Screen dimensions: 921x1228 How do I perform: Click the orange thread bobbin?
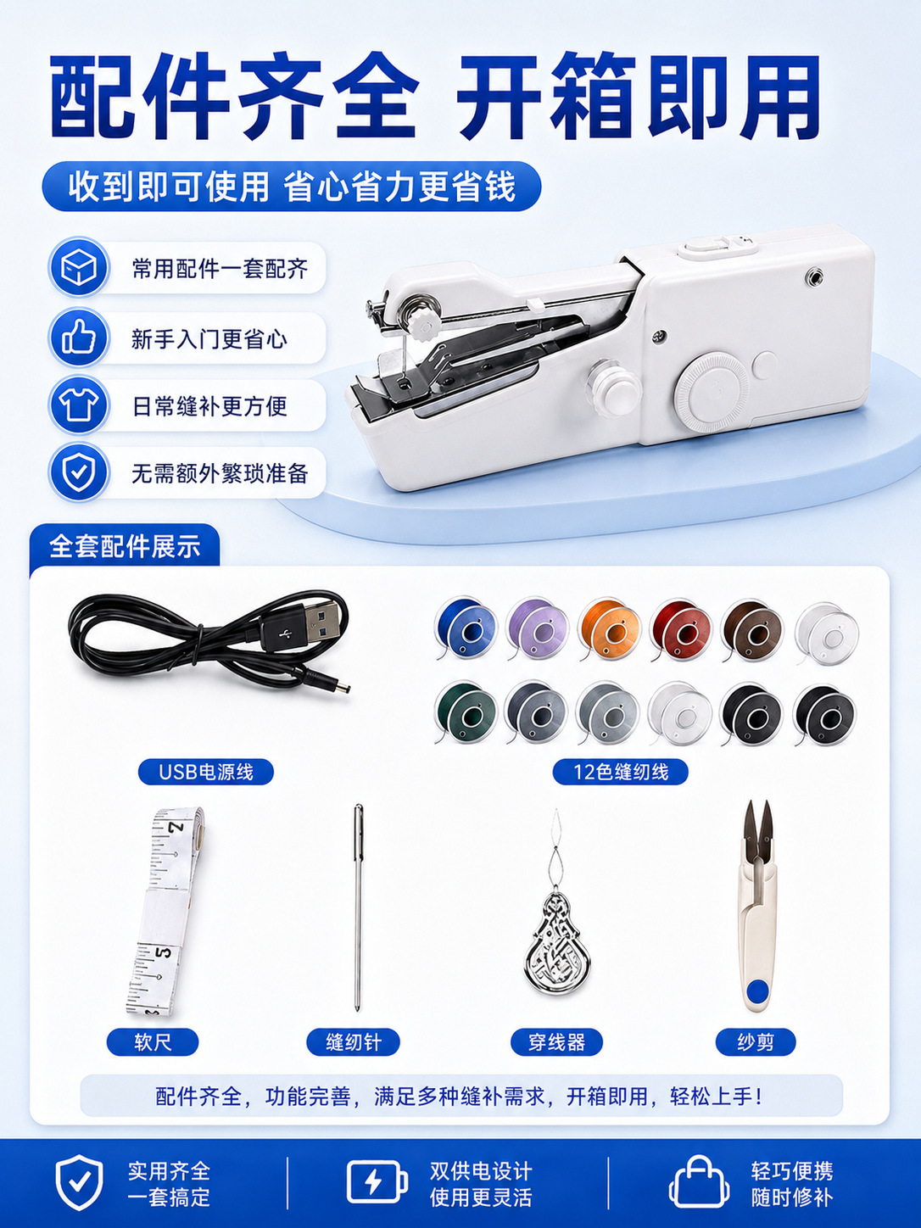coord(609,628)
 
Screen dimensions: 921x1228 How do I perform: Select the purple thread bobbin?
coord(538,628)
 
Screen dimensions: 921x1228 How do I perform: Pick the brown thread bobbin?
coord(752,628)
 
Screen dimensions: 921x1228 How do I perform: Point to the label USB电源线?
coord(206,772)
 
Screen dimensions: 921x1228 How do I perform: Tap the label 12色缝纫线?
coord(621,772)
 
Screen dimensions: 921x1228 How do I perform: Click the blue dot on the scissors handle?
coord(756,992)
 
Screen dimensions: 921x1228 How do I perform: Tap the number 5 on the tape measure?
coord(162,952)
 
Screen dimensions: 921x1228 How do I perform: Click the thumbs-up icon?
coord(78,338)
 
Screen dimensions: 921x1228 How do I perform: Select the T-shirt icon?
coord(78,405)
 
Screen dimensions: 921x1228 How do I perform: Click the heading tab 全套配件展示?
coord(125,546)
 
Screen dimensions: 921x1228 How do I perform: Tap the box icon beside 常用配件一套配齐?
coord(78,267)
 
